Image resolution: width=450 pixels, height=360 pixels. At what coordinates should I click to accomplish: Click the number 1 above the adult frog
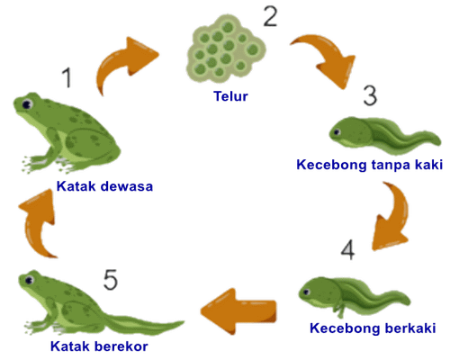67,77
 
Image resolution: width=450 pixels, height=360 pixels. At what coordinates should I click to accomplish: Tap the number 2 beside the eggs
270,16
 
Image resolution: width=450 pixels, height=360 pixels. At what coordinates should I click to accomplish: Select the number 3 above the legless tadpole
370,95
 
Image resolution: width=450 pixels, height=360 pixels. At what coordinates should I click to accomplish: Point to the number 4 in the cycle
348,249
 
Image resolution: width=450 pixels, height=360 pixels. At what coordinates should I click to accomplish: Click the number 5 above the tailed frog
111,280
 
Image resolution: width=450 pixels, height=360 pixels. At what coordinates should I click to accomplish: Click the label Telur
230,96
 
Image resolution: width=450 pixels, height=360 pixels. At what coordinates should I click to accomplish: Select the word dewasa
127,186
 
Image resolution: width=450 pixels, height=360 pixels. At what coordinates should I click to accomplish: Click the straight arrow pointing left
238,311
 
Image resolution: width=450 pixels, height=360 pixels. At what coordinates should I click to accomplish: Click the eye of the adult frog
27,104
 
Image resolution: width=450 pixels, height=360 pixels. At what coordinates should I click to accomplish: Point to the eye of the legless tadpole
337,131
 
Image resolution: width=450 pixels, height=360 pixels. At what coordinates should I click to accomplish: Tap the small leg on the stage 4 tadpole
341,310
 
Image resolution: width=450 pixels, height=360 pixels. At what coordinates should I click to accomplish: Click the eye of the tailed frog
29,281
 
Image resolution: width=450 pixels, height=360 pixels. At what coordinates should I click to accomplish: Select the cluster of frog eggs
226,49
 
